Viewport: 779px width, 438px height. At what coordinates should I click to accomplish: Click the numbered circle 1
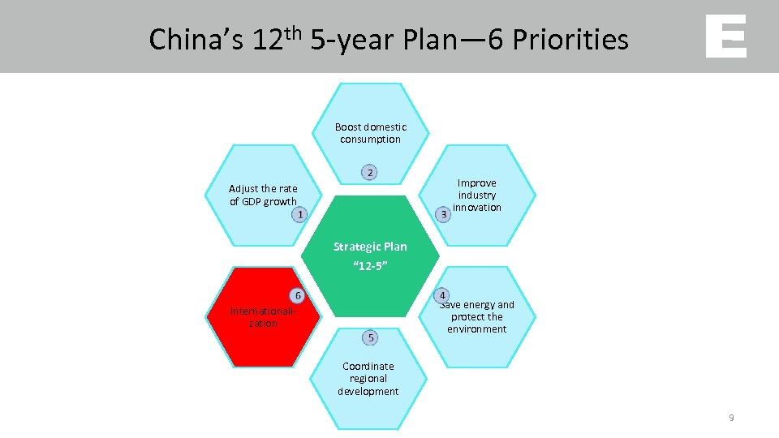click(x=299, y=214)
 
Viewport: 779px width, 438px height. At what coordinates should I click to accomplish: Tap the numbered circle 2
click(x=369, y=172)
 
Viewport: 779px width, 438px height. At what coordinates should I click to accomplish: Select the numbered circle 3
click(x=443, y=214)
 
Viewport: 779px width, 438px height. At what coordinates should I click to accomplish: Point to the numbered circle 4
click(x=442, y=294)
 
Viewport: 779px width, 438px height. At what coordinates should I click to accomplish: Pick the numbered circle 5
click(x=370, y=337)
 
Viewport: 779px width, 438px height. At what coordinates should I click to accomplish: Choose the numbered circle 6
click(x=298, y=295)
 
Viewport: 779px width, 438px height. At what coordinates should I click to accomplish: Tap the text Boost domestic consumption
click(x=370, y=133)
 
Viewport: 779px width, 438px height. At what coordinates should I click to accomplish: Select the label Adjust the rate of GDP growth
click(x=263, y=195)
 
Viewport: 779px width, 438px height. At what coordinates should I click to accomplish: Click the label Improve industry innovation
click(x=477, y=195)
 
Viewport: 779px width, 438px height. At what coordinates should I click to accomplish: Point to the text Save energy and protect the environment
click(x=477, y=317)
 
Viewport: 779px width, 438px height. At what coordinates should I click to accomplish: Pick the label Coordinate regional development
click(x=368, y=379)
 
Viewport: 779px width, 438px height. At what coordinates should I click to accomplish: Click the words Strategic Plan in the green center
click(x=370, y=247)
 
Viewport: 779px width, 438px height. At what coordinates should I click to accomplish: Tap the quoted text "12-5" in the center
click(x=370, y=265)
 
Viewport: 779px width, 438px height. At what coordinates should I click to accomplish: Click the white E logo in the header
click(x=725, y=36)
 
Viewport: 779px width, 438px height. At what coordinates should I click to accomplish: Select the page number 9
click(x=731, y=418)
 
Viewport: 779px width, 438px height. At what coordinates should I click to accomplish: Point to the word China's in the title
click(x=196, y=39)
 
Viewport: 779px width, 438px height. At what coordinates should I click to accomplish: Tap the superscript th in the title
click(x=292, y=32)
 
